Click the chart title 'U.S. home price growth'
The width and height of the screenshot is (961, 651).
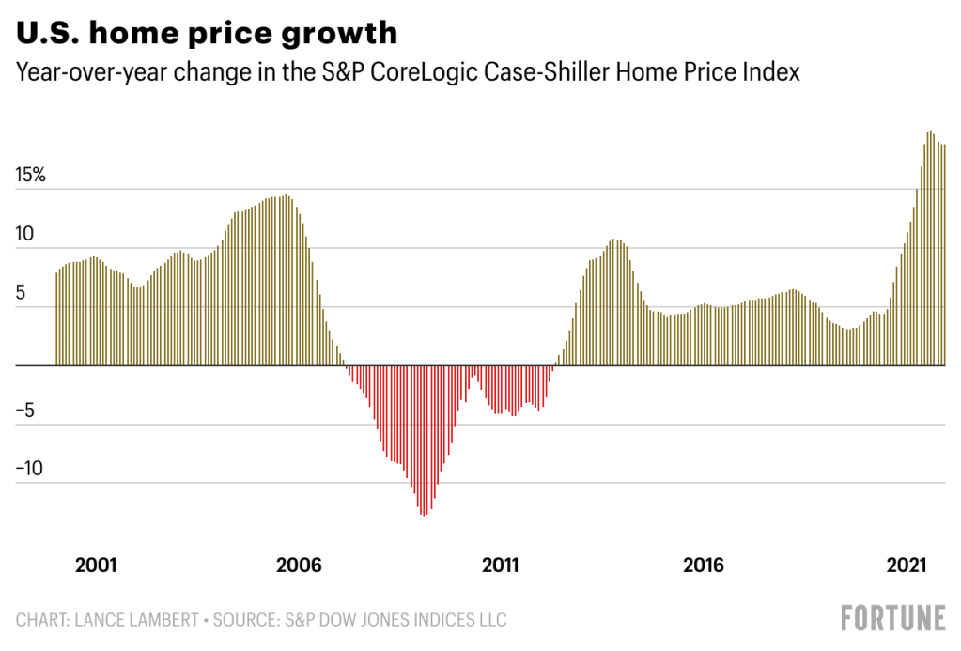207,34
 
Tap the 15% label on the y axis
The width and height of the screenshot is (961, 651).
31,176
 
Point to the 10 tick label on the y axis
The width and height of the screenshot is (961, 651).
25,234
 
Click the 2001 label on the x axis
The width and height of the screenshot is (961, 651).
96,566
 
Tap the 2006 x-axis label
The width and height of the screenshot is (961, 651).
299,566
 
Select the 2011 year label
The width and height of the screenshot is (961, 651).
501,566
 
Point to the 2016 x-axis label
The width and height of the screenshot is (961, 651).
704,566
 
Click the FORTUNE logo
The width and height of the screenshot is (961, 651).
892,618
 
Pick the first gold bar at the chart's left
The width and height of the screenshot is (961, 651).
56,319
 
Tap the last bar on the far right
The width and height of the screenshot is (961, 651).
944,255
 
